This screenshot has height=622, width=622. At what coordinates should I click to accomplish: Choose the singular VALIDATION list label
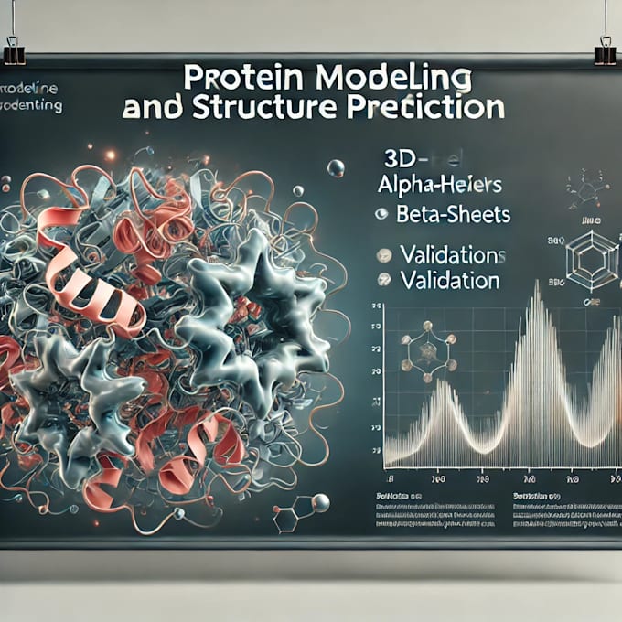[448, 280]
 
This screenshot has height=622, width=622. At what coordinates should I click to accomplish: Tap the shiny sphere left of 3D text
[336, 167]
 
